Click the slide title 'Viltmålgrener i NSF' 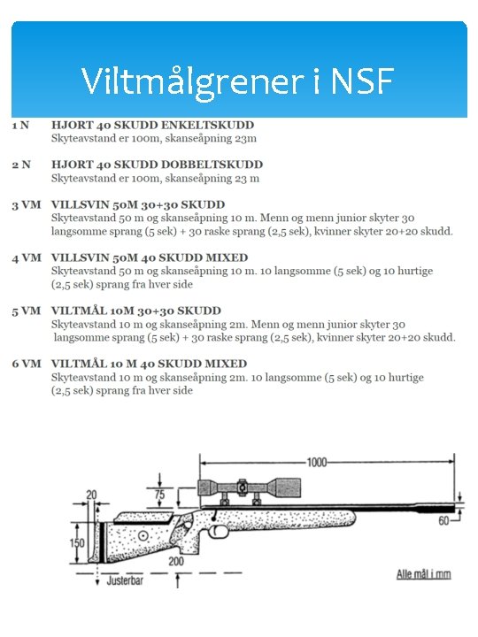pyautogui.click(x=237, y=81)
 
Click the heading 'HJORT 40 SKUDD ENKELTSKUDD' pyautogui.click(x=152, y=126)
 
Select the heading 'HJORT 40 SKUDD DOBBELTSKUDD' pyautogui.click(x=157, y=165)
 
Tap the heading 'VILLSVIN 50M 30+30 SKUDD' pyautogui.click(x=138, y=205)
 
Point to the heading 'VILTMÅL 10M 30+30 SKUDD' pyautogui.click(x=136, y=311)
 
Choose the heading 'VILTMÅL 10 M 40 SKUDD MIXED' pyautogui.click(x=149, y=364)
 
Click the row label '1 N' pyautogui.click(x=19, y=126)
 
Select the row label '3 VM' pyautogui.click(x=26, y=205)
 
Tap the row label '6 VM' pyautogui.click(x=26, y=364)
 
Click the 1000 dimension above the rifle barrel pyautogui.click(x=316, y=462)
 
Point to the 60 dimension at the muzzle pyautogui.click(x=443, y=522)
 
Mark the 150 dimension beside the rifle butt pyautogui.click(x=79, y=542)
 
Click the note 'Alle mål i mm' pyautogui.click(x=422, y=574)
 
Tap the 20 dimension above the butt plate pyautogui.click(x=91, y=495)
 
